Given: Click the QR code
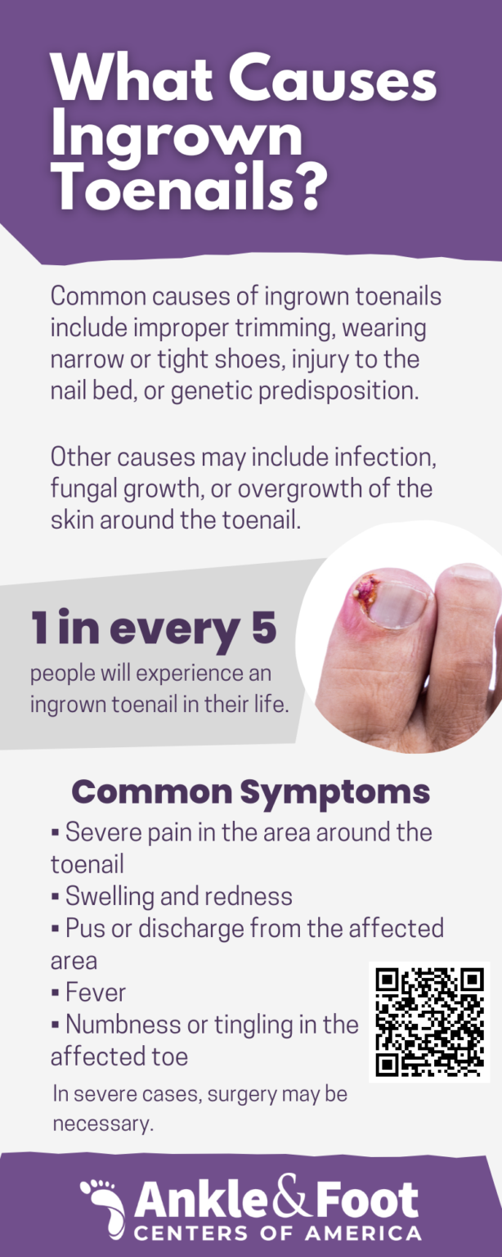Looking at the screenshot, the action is pos(430,1022).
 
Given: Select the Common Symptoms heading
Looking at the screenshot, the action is pos(251,792).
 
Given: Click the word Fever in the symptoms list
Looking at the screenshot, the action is pos(96,992).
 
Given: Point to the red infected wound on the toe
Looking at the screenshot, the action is pos(365,592).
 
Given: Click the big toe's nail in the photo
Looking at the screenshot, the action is pos(398,604).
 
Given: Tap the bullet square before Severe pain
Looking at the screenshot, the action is pos(55,832).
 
